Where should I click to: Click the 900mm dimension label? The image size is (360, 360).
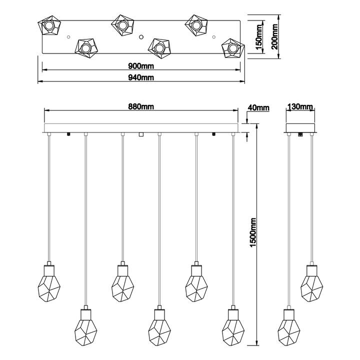pyautogui.click(x=141, y=66)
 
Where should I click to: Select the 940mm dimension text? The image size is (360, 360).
pyautogui.click(x=141, y=77)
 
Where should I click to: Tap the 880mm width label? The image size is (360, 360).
pyautogui.click(x=141, y=106)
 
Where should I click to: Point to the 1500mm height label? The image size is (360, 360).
pyautogui.click(x=253, y=232)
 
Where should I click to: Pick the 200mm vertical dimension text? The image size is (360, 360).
pyautogui.click(x=274, y=36)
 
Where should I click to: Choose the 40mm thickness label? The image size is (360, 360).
pyautogui.click(x=259, y=107)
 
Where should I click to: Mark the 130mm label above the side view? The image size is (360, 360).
pyautogui.click(x=300, y=106)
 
